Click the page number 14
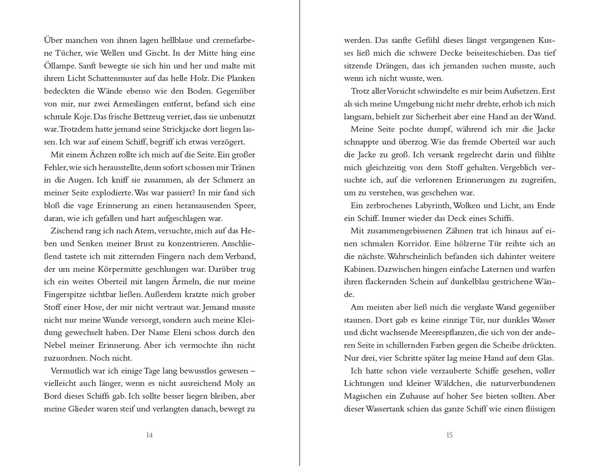tap(149, 435)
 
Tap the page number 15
tap(449, 435)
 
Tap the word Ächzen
tap(90, 154)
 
